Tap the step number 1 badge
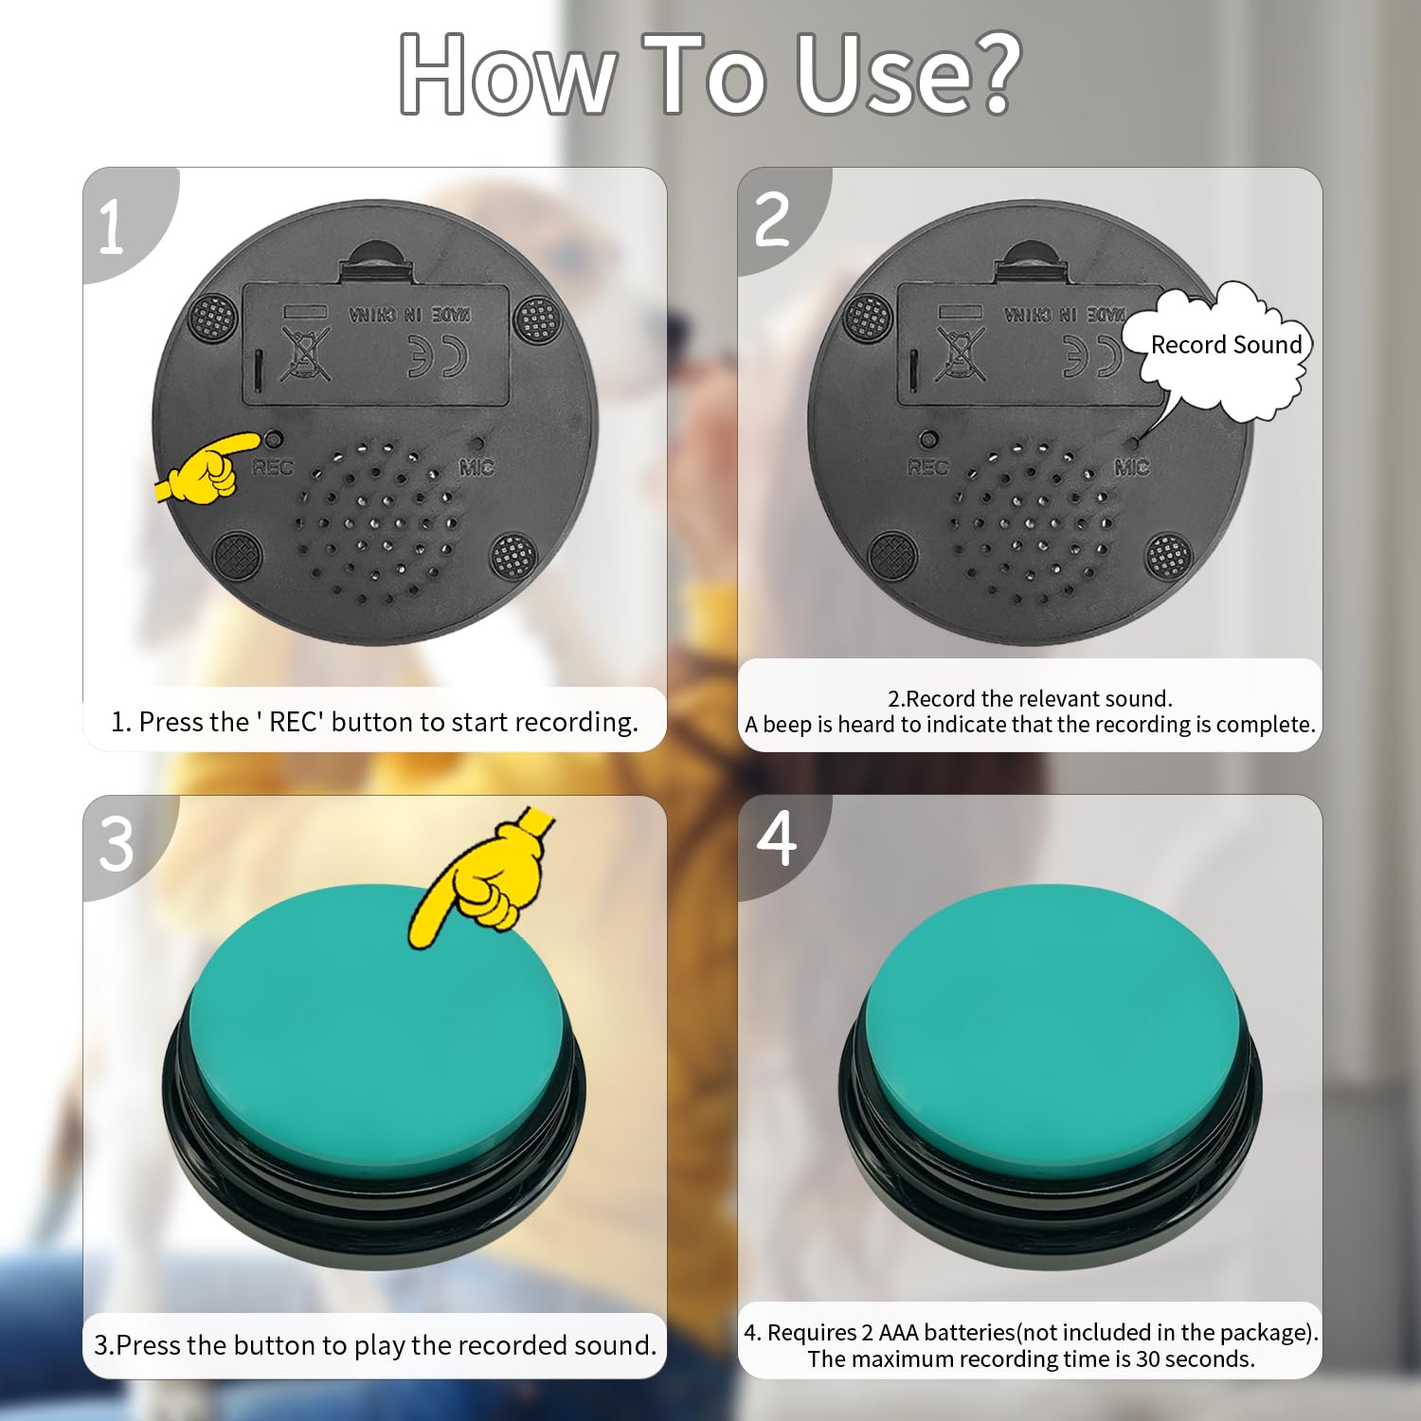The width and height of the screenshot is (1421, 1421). [x=112, y=227]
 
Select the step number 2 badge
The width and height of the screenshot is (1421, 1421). [x=772, y=220]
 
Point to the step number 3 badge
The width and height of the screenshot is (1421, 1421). [x=117, y=844]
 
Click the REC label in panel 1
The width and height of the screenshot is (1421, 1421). [x=273, y=467]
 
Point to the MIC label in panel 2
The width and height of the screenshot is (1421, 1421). [x=1132, y=467]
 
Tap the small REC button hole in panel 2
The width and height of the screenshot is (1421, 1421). [x=929, y=440]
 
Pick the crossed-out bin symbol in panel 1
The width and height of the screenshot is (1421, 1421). [x=305, y=354]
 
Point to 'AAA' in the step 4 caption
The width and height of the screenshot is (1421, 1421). [x=898, y=1332]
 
